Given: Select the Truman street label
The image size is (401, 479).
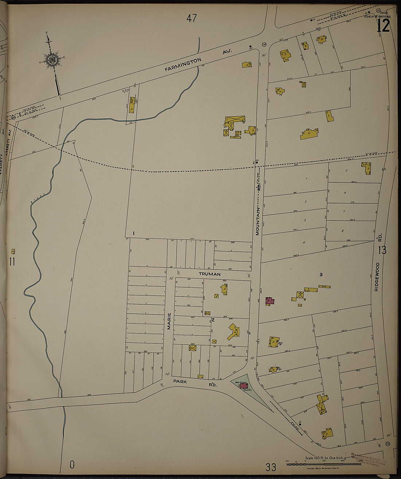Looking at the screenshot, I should coord(210,274).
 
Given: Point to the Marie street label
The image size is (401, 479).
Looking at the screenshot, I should coord(169,321).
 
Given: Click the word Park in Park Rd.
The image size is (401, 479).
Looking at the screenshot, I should coord(180,381).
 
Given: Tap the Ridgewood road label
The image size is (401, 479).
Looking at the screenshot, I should coord(377,276).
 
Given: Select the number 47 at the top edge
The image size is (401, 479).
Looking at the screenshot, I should coord(191,18).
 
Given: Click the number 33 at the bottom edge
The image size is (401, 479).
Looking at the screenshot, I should coord(271,467).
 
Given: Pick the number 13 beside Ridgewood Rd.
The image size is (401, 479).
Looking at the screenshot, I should coord(382,250).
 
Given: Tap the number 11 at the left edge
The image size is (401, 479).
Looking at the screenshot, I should coord(12,262).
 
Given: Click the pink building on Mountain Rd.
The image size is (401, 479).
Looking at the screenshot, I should coord(270,301).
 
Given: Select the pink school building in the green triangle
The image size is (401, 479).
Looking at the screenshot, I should coord(243,385).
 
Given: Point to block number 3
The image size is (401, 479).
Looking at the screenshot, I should coord(321,274).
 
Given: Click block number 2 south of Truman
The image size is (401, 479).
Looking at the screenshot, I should coord(213,320).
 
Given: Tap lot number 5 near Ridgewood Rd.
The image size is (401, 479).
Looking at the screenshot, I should coord(346,170).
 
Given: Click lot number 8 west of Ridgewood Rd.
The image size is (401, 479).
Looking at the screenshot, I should coord(342,231).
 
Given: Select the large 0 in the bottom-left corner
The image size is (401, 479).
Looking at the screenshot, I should coord(72,465).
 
